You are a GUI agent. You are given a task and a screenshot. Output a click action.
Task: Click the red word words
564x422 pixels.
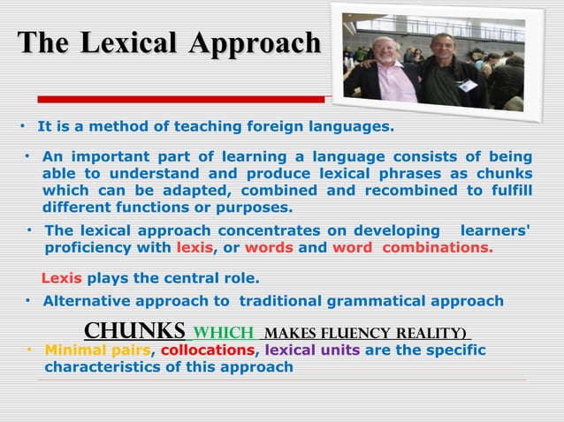(x=269, y=248)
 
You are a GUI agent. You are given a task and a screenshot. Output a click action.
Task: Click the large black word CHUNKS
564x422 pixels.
(x=134, y=331)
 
